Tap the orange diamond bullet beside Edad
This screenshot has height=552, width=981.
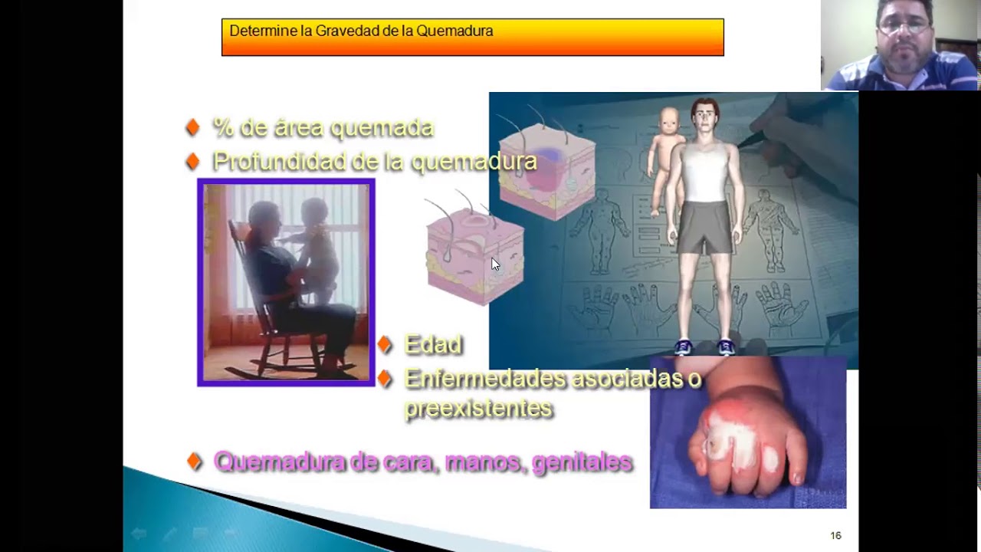385,345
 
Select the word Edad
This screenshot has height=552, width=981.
433,345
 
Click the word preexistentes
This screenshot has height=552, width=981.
478,408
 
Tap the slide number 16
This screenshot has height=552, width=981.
835,536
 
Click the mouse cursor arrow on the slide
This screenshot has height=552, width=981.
495,264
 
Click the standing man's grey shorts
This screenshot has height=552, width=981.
704,227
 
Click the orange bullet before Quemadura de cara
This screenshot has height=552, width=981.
195,462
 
